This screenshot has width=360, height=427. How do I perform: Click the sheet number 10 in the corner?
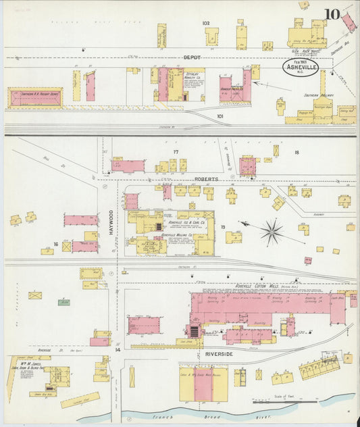[x=332, y=15]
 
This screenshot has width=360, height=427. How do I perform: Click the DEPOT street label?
[x=192, y=58]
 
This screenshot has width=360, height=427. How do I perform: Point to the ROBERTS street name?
[x=205, y=179]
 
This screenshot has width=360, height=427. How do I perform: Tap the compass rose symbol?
[x=272, y=232]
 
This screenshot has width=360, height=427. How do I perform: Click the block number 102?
[x=206, y=24]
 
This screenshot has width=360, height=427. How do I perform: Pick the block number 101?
[x=220, y=116]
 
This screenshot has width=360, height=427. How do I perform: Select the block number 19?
[x=222, y=228]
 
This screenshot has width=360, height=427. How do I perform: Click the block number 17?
[x=176, y=152]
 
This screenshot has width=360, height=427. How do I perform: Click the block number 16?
[x=56, y=245]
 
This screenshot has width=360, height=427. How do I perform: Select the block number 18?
[x=296, y=153]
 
